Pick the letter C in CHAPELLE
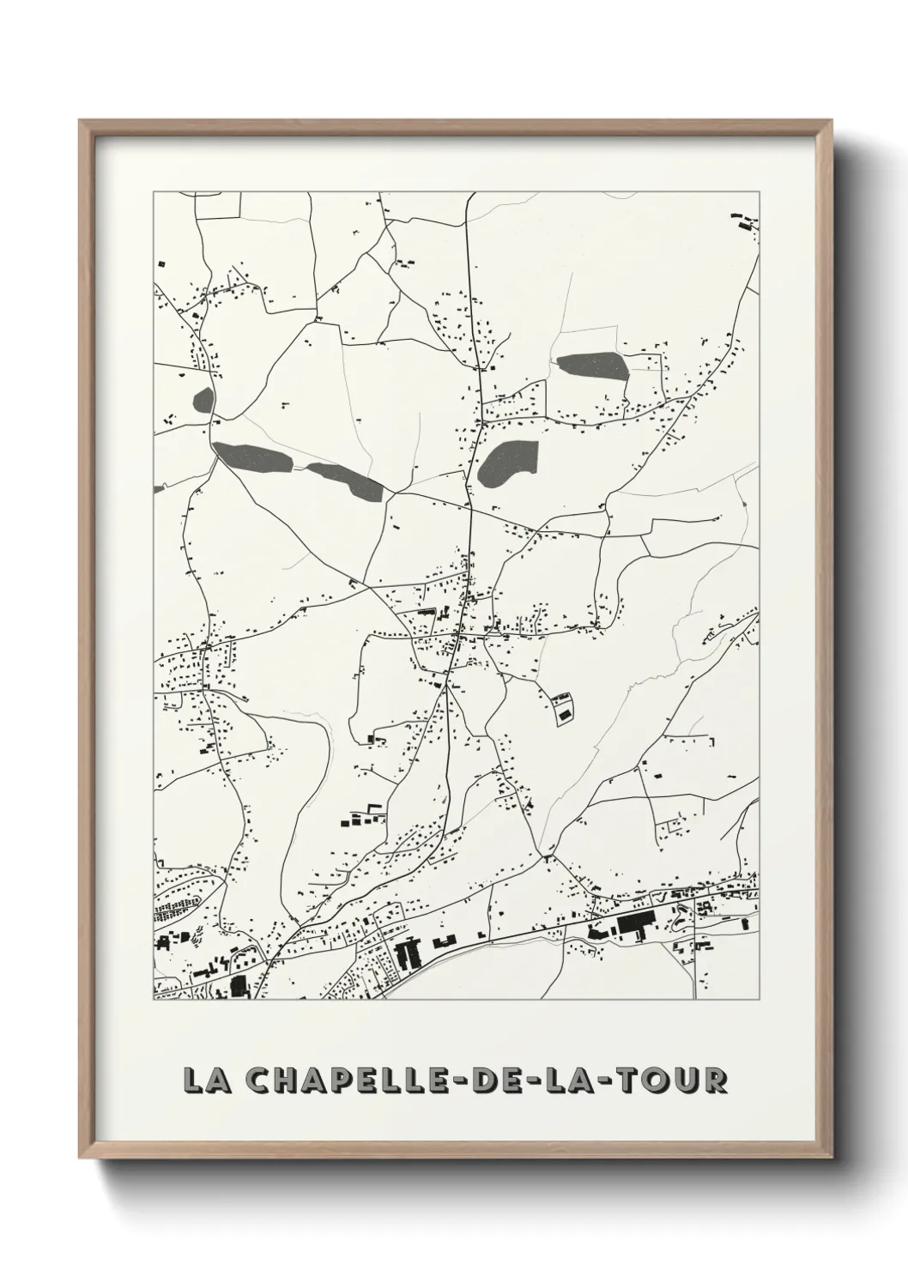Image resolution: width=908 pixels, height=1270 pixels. pyautogui.click(x=257, y=1081)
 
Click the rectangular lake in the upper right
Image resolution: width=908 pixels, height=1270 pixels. pyautogui.click(x=592, y=366)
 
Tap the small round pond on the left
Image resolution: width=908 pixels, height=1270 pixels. pyautogui.click(x=203, y=399)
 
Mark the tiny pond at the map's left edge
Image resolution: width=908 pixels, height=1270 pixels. pyautogui.click(x=158, y=490)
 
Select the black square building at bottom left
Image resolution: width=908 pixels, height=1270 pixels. pyautogui.click(x=238, y=986)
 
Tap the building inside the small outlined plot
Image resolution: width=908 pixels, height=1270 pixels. pyautogui.click(x=563, y=709)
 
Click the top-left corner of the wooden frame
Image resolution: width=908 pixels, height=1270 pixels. pyautogui.click(x=81, y=122)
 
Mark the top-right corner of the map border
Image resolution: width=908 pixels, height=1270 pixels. pyautogui.click(x=759, y=192)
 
